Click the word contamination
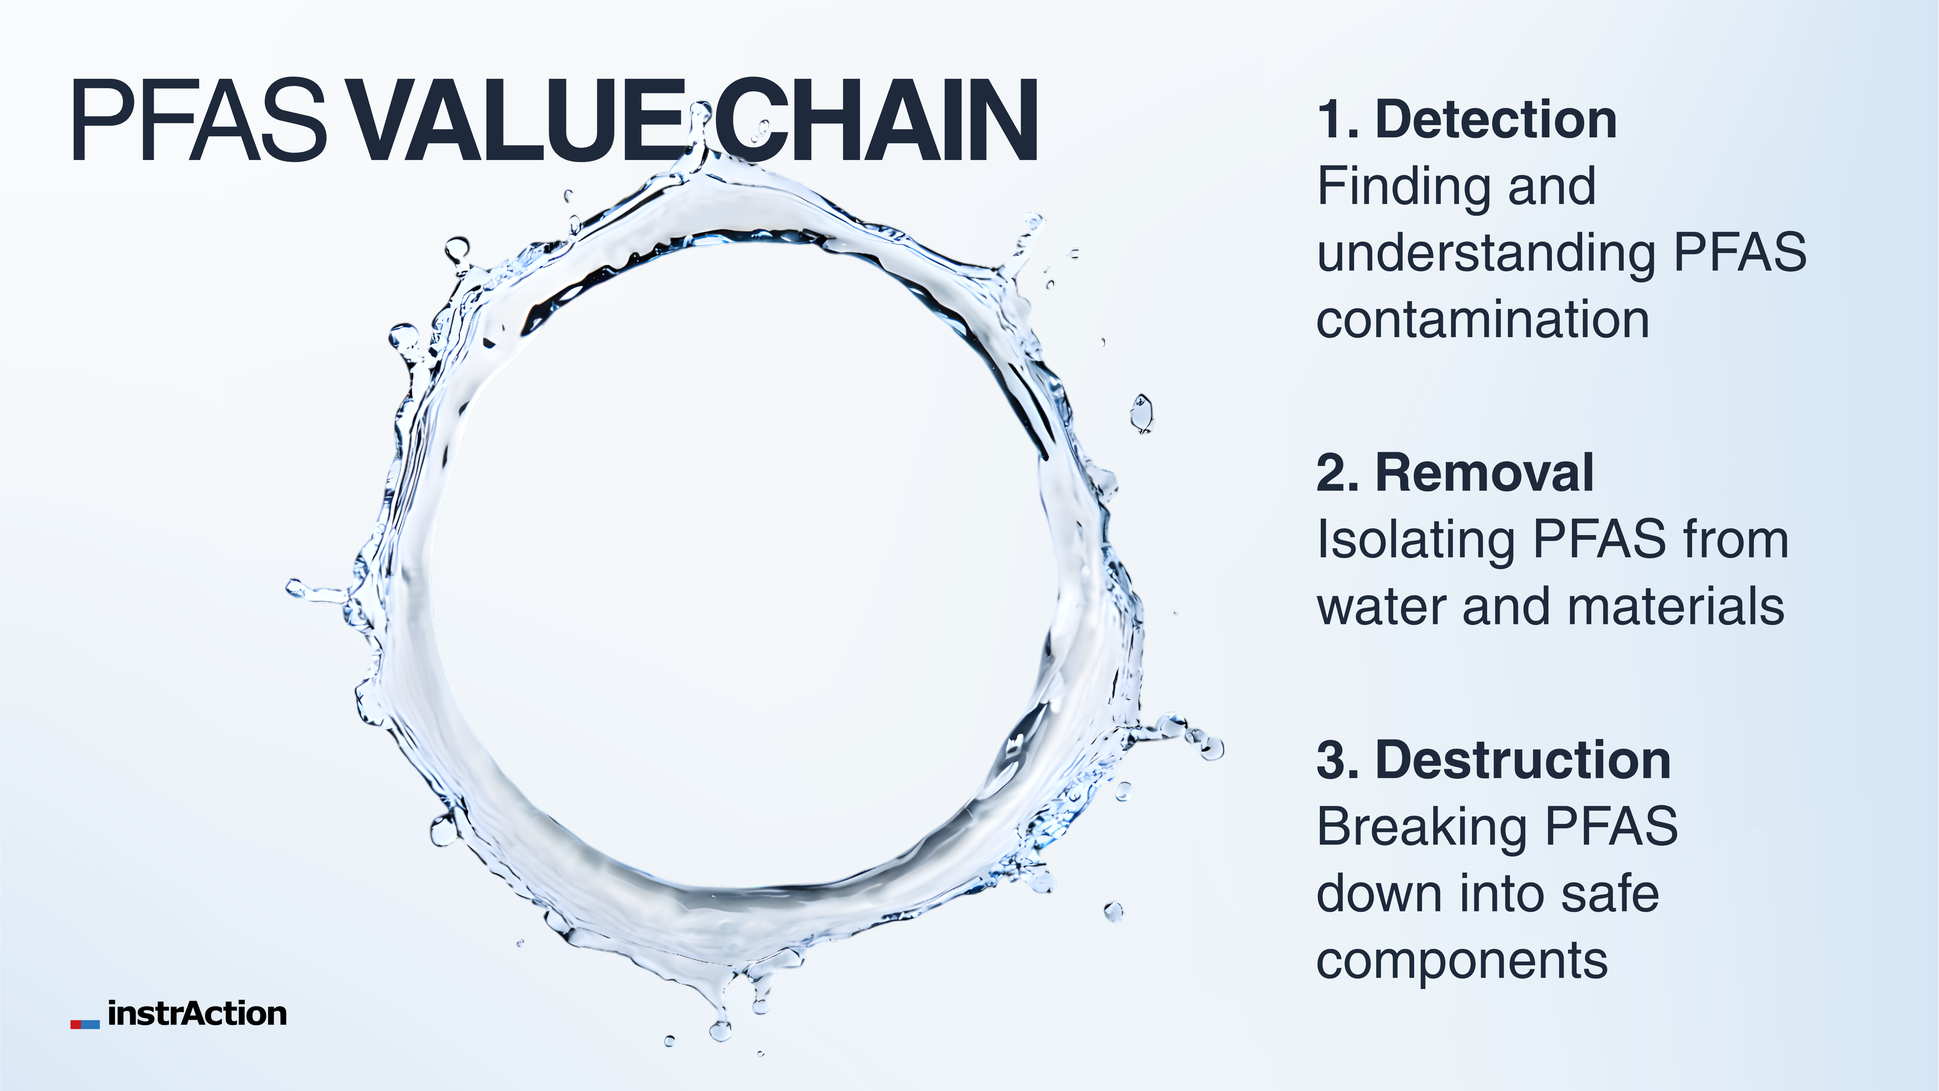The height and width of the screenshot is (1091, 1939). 1483,319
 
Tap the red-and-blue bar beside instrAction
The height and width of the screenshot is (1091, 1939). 85,1024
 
